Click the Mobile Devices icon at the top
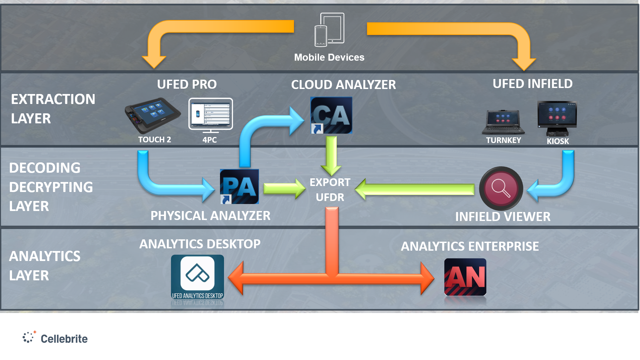tap(329, 30)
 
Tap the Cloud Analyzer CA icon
tap(331, 115)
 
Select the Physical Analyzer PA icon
tap(239, 187)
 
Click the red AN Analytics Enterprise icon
tap(465, 277)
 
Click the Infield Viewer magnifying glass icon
tap(501, 188)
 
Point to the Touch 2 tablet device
tap(153, 115)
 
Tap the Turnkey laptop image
tap(503, 122)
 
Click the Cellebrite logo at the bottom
tap(55, 338)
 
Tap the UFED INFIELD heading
tap(532, 84)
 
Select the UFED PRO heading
tap(187, 84)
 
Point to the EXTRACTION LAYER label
tap(53, 109)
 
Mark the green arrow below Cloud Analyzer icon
tap(331, 155)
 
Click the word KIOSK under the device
tap(558, 141)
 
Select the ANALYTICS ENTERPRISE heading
tap(470, 246)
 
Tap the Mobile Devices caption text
tap(329, 57)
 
